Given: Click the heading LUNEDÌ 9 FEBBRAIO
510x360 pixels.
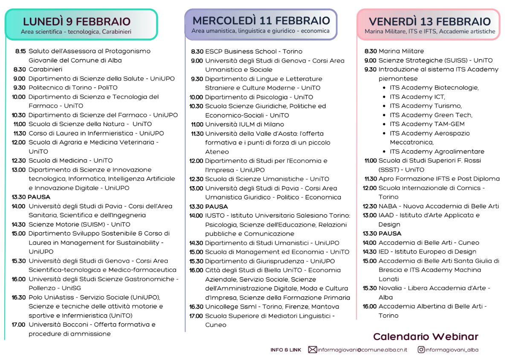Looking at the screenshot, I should (x=77, y=21).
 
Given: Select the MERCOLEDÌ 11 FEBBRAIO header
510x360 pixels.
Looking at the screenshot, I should (x=261, y=20).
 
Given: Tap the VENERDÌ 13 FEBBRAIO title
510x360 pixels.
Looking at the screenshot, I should (x=429, y=21).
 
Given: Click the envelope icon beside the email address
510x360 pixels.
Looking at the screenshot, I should (x=312, y=350).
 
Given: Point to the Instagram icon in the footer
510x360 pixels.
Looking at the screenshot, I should (x=421, y=350).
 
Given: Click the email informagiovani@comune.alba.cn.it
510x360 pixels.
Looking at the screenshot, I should (x=362, y=350).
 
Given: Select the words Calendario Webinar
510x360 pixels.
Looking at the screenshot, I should (x=426, y=337).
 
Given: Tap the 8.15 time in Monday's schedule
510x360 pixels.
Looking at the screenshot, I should (x=20, y=51).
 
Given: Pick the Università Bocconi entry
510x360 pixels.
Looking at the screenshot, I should (x=92, y=325).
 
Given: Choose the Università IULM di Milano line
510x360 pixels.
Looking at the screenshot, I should (x=244, y=124).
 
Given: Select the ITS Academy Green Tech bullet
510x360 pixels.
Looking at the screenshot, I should (x=431, y=115).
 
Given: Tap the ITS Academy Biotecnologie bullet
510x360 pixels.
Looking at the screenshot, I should (x=434, y=88).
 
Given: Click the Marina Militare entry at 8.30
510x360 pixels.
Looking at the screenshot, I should (x=401, y=51).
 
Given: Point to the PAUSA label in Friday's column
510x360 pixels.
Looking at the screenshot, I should (x=390, y=233).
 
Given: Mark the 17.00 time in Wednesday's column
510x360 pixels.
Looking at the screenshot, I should (x=196, y=316).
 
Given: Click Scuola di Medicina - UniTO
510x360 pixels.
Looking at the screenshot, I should (x=70, y=161).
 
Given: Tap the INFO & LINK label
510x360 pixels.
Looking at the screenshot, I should (x=286, y=350).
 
